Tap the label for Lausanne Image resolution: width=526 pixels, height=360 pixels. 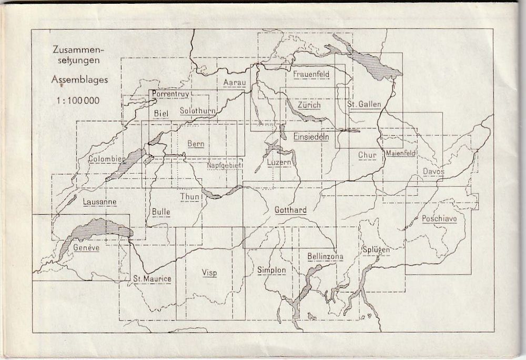[x=99, y=201]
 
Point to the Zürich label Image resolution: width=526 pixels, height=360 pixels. [x=309, y=105]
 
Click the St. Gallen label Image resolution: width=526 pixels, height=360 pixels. [x=364, y=104]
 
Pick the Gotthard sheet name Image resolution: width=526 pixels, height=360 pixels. [x=290, y=210]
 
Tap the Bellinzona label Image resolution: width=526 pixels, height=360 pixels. [x=325, y=256]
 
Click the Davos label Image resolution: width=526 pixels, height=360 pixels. [x=433, y=172]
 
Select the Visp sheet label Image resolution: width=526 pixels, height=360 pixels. [x=209, y=272]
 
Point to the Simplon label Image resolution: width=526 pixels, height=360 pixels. [x=271, y=270]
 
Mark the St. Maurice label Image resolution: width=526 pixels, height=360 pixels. [x=152, y=278]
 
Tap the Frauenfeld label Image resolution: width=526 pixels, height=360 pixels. [x=311, y=74]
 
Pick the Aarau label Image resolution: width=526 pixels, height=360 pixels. [x=232, y=83]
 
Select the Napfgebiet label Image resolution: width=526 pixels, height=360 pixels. [x=224, y=165]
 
